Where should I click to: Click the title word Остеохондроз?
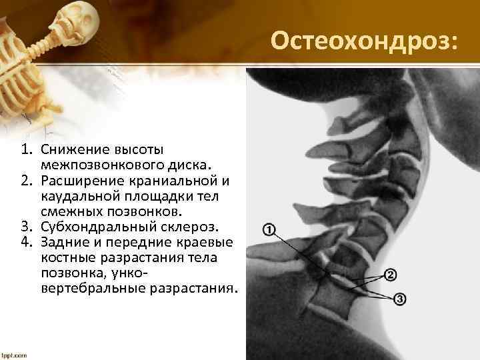(x=364, y=43)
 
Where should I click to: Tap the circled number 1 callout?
(x=270, y=231)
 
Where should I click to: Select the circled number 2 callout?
(x=391, y=275)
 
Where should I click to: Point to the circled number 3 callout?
(x=400, y=299)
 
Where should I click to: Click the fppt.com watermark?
(x=14, y=355)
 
